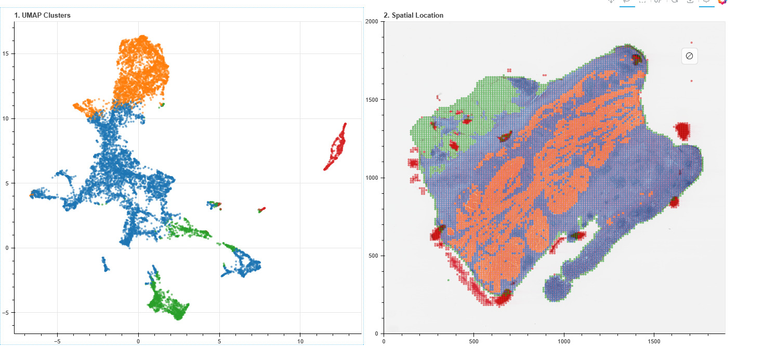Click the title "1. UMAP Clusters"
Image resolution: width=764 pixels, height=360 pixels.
tap(43, 15)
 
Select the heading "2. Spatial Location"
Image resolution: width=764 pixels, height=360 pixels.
tap(414, 15)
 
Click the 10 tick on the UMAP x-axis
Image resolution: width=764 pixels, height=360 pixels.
tap(300, 341)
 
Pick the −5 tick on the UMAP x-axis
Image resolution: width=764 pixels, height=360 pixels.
tap(57, 341)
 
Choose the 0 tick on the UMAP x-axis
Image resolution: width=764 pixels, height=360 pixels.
tap(138, 341)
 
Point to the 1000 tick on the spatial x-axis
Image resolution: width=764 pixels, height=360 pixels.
tap(564, 341)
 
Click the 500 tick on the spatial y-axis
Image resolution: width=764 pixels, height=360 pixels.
tap(373, 256)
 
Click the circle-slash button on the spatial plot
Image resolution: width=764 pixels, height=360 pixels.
tap(689, 56)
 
